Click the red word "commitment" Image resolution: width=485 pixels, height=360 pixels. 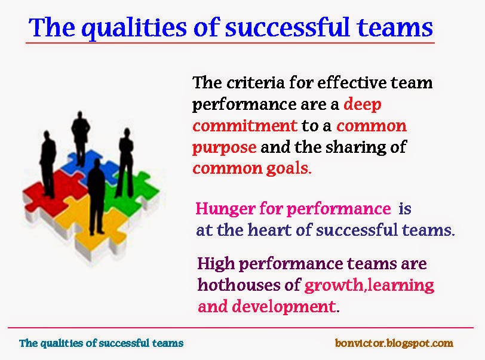tap(244, 125)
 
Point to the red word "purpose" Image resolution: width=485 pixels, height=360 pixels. tap(224, 147)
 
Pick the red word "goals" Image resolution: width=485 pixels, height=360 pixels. tap(290, 168)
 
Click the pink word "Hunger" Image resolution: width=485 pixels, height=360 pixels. tap(223, 209)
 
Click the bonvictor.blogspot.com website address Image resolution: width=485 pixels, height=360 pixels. tap(394, 343)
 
